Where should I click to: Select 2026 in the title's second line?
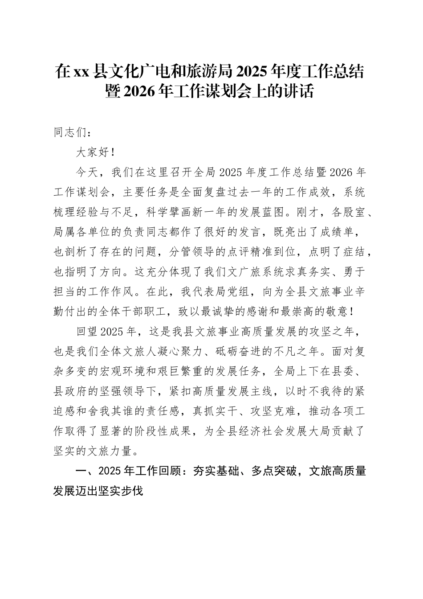[139, 91]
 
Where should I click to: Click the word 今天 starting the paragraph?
[86, 172]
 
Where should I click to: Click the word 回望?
[86, 332]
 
